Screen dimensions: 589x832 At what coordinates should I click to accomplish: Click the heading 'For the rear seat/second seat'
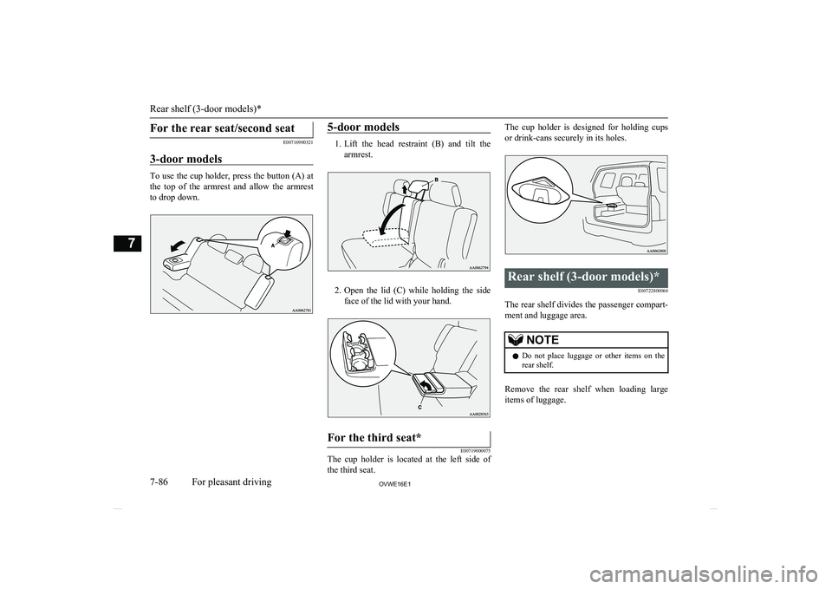tap(219, 128)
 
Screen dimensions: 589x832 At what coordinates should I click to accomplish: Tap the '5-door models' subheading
tap(363, 128)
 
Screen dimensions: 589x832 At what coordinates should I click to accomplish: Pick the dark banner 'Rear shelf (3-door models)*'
tap(585, 277)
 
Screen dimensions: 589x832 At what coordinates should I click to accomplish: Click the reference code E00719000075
tap(471, 449)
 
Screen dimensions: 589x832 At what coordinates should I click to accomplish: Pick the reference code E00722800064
tap(647, 291)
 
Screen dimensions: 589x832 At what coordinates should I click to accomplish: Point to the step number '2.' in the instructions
tap(335, 289)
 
